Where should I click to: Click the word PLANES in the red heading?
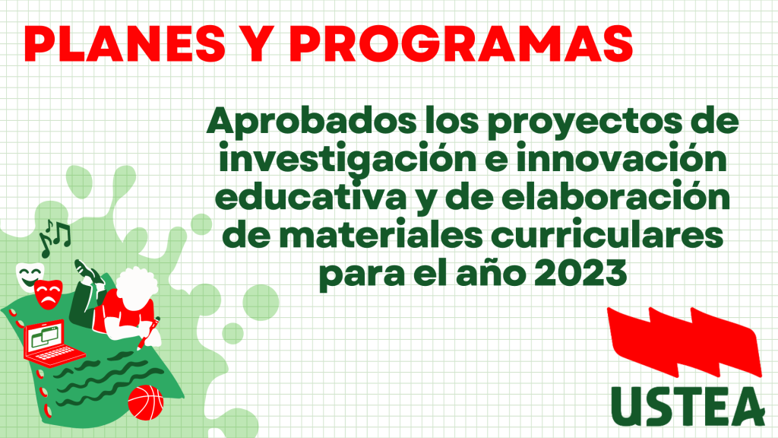pyautogui.click(x=125, y=43)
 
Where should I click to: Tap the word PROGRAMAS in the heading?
pyautogui.click(x=461, y=43)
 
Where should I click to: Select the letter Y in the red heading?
pyautogui.click(x=258, y=43)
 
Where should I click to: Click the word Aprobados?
pyautogui.click(x=312, y=122)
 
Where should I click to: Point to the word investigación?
pyautogui.click(x=346, y=160)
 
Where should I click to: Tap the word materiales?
pyautogui.click(x=381, y=236)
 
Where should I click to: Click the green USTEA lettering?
pyautogui.click(x=688, y=406)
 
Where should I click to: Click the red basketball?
pyautogui.click(x=145, y=403)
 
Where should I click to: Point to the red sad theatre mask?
pyautogui.click(x=49, y=294)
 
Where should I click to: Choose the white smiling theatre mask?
pyautogui.click(x=29, y=276)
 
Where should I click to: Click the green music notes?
pyautogui.click(x=55, y=238)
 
